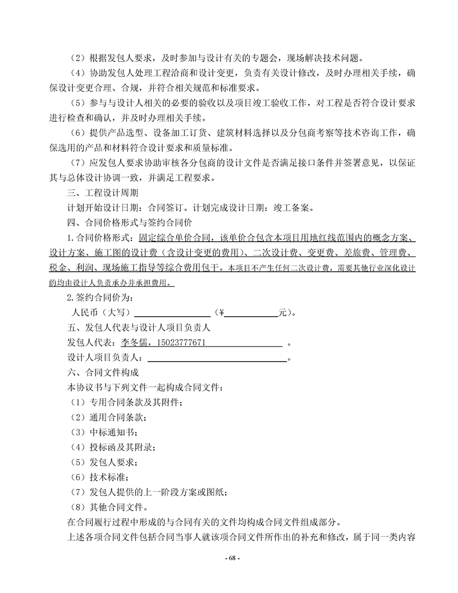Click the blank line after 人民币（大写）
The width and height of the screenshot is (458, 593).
point(172,313)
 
